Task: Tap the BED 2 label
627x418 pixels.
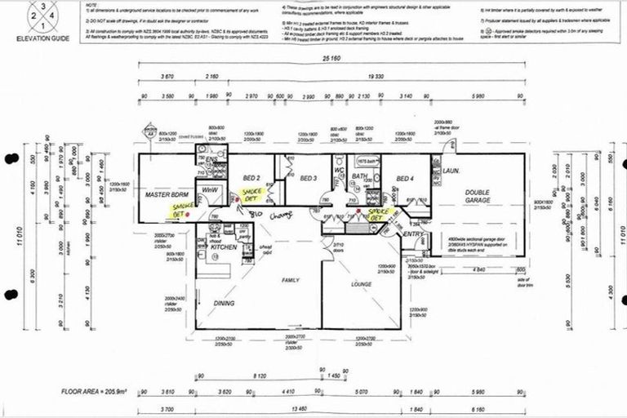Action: pyautogui.click(x=251, y=178)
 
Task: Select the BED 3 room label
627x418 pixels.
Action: pyautogui.click(x=308, y=178)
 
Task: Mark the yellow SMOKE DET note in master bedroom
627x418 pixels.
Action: pyautogui.click(x=179, y=211)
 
